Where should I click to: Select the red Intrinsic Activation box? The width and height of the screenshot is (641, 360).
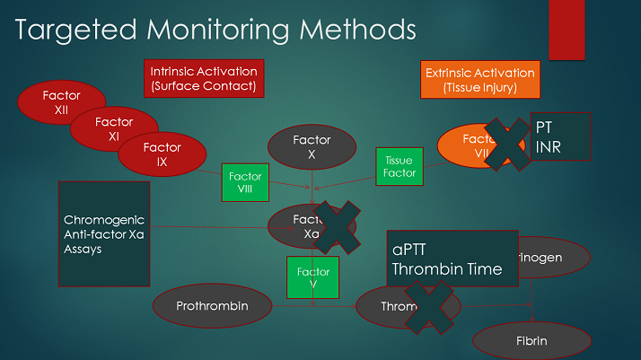[203, 79]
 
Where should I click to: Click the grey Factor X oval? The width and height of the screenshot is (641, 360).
[312, 146]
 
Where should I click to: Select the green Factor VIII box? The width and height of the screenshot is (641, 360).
[245, 183]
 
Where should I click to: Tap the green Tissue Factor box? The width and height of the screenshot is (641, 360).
[399, 166]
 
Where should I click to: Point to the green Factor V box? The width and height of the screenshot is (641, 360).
[313, 277]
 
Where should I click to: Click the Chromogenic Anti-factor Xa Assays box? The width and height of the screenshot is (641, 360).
[104, 234]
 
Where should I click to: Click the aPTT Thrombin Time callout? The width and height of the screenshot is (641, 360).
[452, 259]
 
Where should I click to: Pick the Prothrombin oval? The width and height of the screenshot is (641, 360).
[213, 306]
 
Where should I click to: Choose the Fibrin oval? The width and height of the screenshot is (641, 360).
[531, 340]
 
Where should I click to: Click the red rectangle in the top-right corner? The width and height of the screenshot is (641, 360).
[566, 30]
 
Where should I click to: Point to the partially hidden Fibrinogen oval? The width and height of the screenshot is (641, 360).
[557, 258]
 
